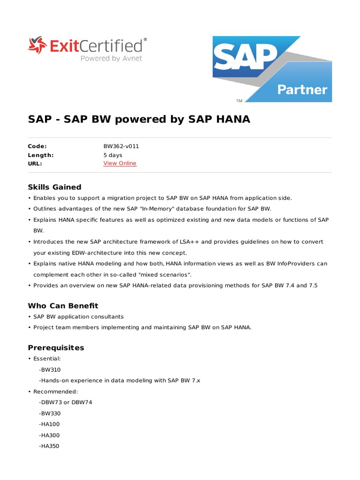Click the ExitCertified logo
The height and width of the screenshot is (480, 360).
coord(87,49)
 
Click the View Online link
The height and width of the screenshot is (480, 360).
coord(120,164)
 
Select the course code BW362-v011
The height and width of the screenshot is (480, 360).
coord(121,146)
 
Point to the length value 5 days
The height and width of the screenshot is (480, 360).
coord(112,155)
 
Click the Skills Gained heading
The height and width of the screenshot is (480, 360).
coord(54,187)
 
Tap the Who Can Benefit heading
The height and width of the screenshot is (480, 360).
coord(63,306)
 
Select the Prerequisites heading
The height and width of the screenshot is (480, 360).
coord(56,348)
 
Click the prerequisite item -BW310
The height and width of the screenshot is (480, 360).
coord(50,370)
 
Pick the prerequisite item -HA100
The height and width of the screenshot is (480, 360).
coord(50,424)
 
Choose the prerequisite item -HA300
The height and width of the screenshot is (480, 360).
coord(50,435)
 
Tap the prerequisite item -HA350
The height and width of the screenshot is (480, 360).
coord(50,446)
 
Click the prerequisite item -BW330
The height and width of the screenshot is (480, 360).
coord(50,413)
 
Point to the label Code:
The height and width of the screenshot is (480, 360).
coord(37,146)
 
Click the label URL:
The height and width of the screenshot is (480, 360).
coord(35,164)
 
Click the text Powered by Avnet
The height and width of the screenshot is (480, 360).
coord(111,59)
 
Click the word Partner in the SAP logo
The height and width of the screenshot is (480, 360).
coord(302,90)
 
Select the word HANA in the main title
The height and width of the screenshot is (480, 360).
coord(233,120)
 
